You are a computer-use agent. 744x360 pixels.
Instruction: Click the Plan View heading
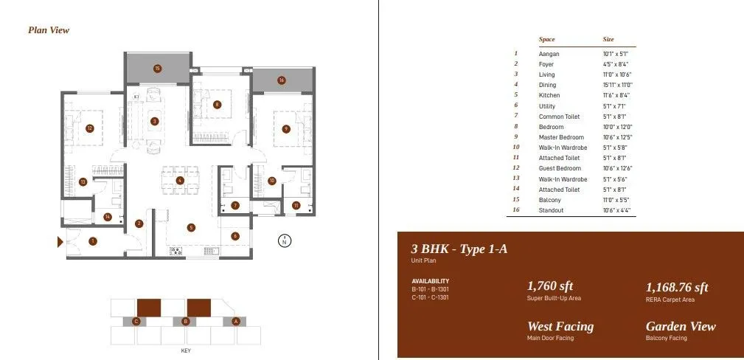click(49, 30)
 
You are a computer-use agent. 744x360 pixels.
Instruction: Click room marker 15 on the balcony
click(157, 69)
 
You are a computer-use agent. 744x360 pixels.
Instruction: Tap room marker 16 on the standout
click(282, 80)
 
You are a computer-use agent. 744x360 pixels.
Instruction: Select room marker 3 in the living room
click(154, 121)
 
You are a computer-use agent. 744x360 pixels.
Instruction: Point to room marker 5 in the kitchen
click(191, 227)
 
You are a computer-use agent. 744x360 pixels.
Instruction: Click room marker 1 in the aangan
click(93, 240)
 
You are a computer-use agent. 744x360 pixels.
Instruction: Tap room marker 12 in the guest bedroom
click(89, 128)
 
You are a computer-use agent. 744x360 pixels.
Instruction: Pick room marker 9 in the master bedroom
click(286, 129)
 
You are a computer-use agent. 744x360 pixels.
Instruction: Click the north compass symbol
click(285, 240)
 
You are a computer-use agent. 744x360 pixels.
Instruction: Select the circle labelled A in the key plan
click(236, 321)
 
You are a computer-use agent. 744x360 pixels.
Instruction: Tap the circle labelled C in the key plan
click(136, 321)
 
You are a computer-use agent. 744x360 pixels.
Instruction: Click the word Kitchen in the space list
click(549, 95)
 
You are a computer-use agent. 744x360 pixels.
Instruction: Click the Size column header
click(608, 39)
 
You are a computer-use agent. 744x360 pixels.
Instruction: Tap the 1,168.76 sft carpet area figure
click(677, 288)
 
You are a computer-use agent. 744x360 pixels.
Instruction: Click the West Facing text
click(560, 326)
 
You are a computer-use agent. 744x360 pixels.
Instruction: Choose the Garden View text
click(681, 326)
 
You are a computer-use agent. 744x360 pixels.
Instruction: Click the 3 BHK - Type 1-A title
click(459, 249)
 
